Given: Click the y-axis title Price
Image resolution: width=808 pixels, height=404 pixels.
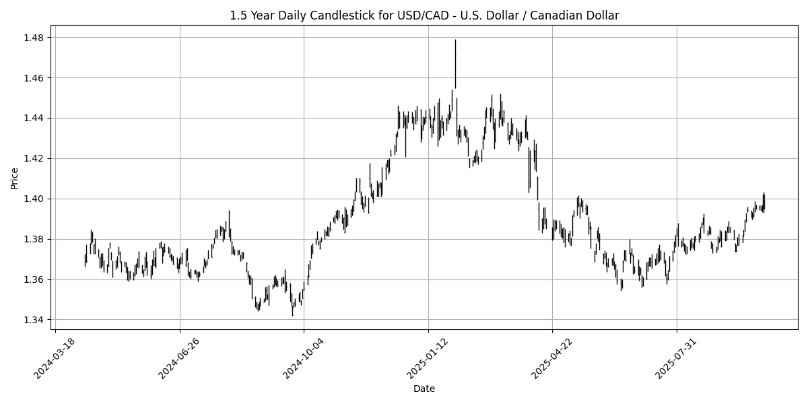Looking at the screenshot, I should click(x=14, y=178).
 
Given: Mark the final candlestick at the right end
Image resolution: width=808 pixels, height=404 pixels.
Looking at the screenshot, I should click(x=764, y=201).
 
